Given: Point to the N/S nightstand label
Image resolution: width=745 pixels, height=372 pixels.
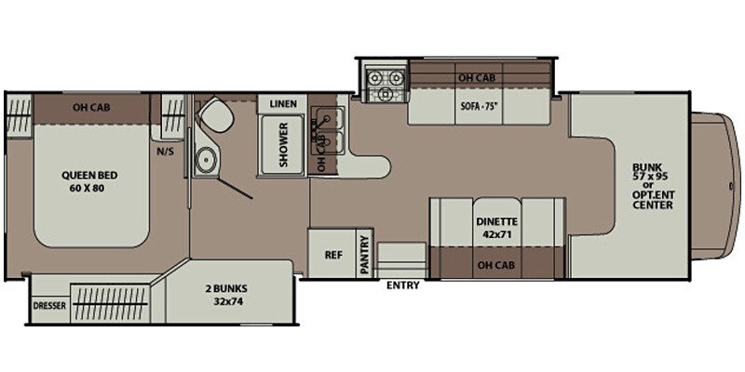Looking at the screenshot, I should pos(166,152).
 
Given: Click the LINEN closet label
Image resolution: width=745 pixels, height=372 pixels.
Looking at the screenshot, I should pos(283,104).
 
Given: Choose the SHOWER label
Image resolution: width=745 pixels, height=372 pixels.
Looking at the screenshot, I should pos(283,145).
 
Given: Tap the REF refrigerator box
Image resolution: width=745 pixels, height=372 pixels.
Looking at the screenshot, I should pos(332,254).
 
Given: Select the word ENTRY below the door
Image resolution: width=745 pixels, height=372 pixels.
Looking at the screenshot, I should pos(402,286).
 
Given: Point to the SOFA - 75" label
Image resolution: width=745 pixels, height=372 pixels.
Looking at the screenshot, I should pos(481,105).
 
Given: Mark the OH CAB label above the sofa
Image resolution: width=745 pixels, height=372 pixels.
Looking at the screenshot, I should pos(475,78).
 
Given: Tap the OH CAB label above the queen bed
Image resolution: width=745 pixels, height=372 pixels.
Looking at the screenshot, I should pos(91,106).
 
